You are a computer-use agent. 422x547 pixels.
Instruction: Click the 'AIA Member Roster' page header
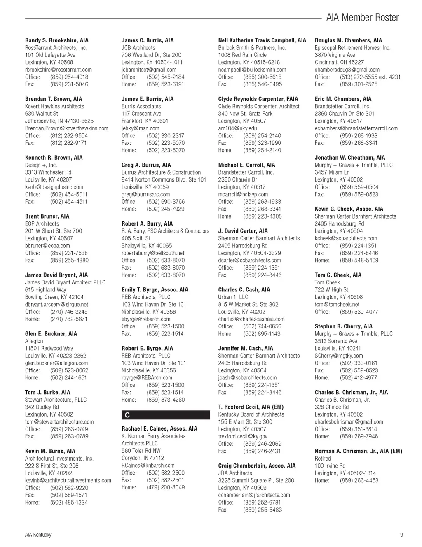pos(362,18)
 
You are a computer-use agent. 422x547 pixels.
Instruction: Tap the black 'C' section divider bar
pos(166,415)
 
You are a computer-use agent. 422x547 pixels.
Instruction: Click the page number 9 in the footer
pos(401,535)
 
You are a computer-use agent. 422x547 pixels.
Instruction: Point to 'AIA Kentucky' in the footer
pos(38,535)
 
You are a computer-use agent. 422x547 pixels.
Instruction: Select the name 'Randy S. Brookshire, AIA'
pos(57,40)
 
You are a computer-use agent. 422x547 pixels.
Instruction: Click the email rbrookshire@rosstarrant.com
pos(59,70)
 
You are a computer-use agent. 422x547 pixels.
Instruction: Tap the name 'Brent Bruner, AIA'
pos(47,216)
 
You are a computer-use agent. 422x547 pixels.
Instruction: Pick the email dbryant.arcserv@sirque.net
pos(56,305)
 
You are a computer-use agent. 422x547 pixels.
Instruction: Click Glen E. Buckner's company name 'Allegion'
pos(34,341)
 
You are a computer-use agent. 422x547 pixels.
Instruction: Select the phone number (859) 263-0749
pos(69,429)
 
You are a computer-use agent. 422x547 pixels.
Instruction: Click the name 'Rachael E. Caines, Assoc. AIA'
pos(159,429)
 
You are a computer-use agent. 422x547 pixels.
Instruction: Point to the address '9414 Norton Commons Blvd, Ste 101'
pos(164,179)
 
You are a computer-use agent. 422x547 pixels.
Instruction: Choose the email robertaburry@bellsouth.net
pos(153,253)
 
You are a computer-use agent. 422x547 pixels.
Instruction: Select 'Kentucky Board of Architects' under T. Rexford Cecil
pos(251,414)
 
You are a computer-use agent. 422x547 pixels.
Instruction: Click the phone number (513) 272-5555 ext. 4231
pos(370,77)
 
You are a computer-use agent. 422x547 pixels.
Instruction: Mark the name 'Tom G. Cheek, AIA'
pos(338,275)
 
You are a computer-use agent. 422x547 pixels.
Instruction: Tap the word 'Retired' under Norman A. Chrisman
pos(323,459)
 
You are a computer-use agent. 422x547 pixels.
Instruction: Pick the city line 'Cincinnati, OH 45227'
pos(339,62)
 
